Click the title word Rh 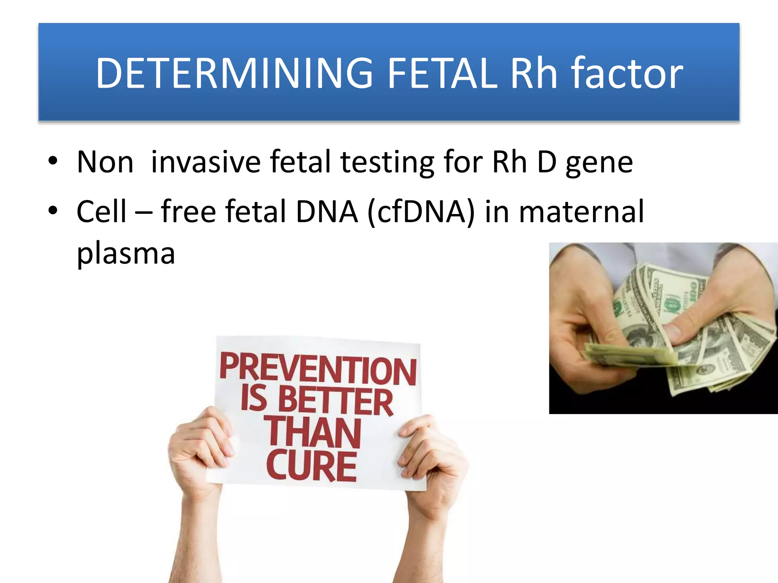(534, 73)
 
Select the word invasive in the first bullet (206, 162)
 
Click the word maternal (581, 211)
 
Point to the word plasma (126, 254)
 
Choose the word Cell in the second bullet (101, 211)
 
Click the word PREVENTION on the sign (318, 368)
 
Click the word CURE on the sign (312, 465)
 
